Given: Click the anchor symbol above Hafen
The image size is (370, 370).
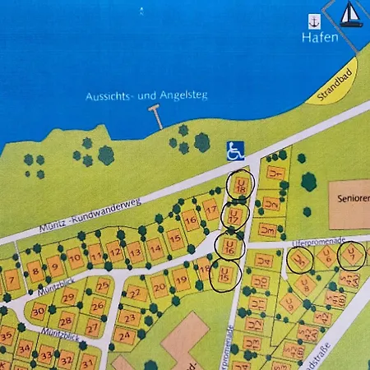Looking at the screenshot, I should pyautogui.click(x=313, y=20).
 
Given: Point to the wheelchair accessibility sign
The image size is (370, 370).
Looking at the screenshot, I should pyautogui.click(x=235, y=150).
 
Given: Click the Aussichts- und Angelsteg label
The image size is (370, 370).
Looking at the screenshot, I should pyautogui.click(x=146, y=96).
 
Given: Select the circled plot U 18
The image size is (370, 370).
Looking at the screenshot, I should pyautogui.click(x=240, y=186).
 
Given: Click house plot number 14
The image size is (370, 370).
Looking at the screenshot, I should pyautogui.click(x=155, y=245).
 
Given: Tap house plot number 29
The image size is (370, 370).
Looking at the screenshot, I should pyautogui.click(x=70, y=296).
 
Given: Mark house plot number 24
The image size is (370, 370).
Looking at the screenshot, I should pyautogui.click(x=124, y=335).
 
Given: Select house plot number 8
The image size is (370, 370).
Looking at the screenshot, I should pyautogui.click(x=35, y=270).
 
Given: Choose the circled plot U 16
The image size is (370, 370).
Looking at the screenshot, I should pyautogui.click(x=229, y=245).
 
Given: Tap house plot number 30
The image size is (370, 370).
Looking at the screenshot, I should pyautogui.click(x=39, y=311).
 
